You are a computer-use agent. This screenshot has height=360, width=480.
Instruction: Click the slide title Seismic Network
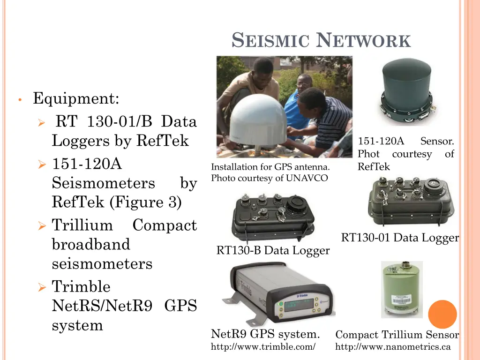point(322,41)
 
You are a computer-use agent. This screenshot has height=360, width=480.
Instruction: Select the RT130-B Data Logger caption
point(273,251)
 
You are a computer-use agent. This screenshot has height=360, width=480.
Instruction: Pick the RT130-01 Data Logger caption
point(399,238)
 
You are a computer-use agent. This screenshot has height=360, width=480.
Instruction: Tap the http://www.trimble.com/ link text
point(263,347)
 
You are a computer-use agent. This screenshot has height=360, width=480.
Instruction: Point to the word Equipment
point(76,99)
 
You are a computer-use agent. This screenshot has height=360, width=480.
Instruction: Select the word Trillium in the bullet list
point(82,225)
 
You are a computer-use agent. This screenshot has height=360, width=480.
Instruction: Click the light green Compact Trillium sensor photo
point(401,289)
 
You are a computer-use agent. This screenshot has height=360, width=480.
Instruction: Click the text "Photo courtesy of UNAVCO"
point(270,178)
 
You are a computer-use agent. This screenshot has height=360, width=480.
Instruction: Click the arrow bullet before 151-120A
point(42,165)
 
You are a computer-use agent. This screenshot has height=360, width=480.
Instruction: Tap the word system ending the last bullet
point(77,325)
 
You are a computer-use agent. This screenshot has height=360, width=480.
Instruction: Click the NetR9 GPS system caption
point(266,335)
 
